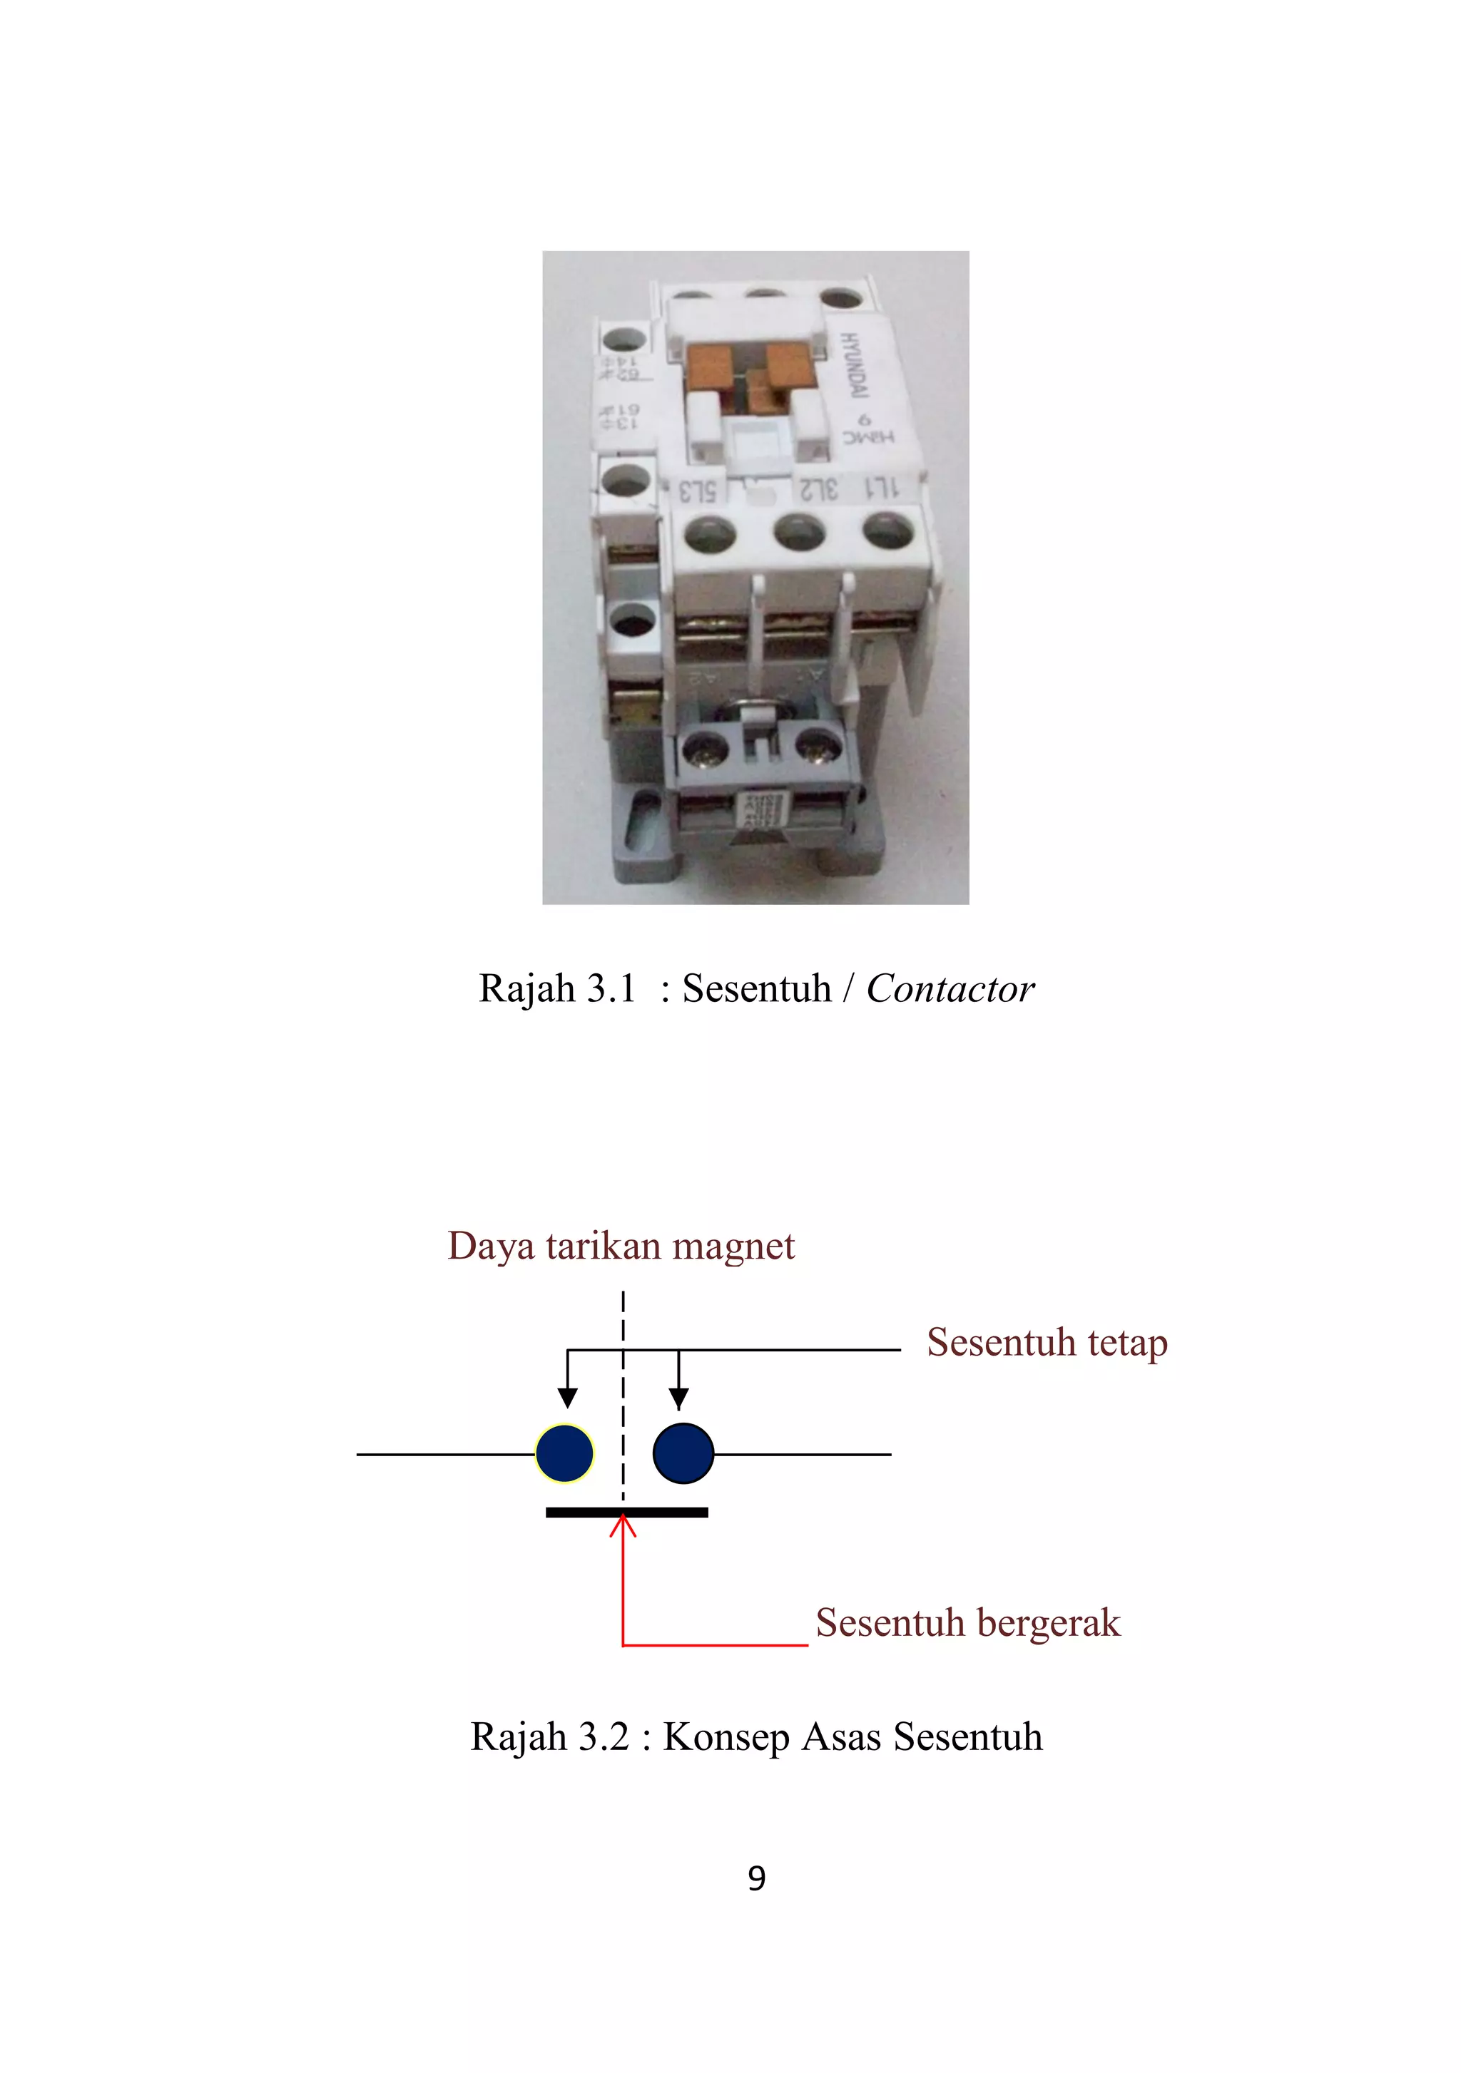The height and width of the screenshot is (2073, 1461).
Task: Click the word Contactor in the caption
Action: (950, 988)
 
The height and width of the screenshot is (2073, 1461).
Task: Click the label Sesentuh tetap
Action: (1047, 1343)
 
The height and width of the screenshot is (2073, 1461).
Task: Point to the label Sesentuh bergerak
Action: (967, 1623)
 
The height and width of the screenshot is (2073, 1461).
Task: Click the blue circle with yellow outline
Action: (564, 1453)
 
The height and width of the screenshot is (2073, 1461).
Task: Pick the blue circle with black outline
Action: (683, 1453)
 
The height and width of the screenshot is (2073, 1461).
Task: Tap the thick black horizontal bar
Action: (626, 1512)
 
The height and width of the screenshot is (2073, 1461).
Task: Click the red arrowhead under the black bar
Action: (623, 1527)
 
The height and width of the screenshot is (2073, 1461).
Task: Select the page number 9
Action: (757, 1879)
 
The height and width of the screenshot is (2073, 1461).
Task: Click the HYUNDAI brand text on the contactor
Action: (854, 366)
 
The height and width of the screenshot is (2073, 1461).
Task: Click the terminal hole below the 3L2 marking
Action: (799, 533)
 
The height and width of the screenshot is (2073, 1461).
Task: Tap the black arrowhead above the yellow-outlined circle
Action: (567, 1398)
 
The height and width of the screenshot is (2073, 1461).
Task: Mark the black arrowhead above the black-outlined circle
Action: (679, 1398)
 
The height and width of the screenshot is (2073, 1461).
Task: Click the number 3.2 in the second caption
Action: (604, 1738)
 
